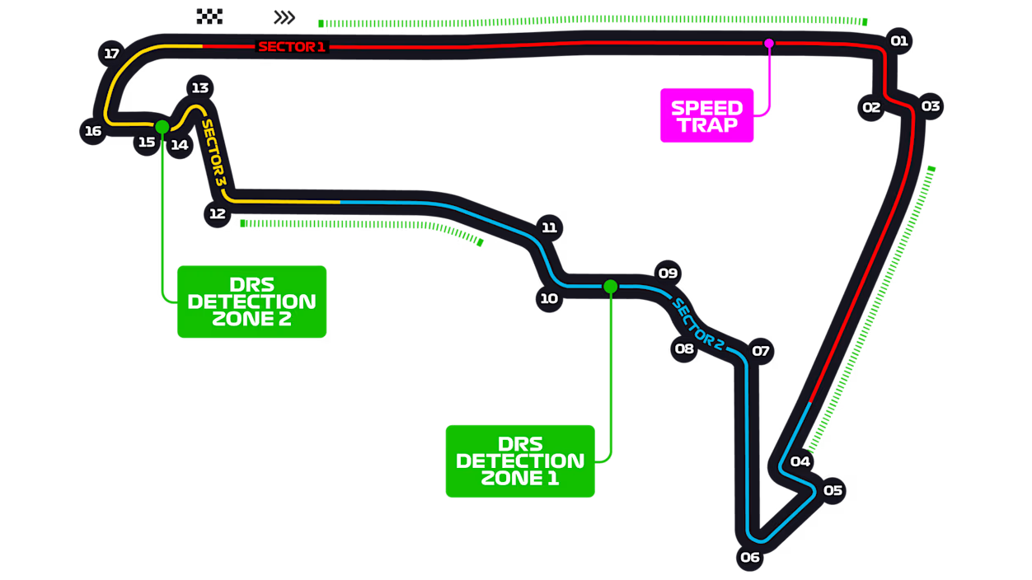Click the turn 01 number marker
898,40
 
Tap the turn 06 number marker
749,558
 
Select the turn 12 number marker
217,213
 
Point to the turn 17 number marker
112,54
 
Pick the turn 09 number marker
667,273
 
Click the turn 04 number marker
800,461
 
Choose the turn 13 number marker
199,87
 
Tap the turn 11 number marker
550,227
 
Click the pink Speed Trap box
706,116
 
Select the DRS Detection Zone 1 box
520,461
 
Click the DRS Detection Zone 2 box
252,302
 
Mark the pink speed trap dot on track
769,43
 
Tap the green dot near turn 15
162,126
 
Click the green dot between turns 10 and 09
610,286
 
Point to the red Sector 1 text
292,47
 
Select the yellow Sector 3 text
213,152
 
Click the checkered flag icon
210,16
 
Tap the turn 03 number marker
931,106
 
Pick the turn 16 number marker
92,131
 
